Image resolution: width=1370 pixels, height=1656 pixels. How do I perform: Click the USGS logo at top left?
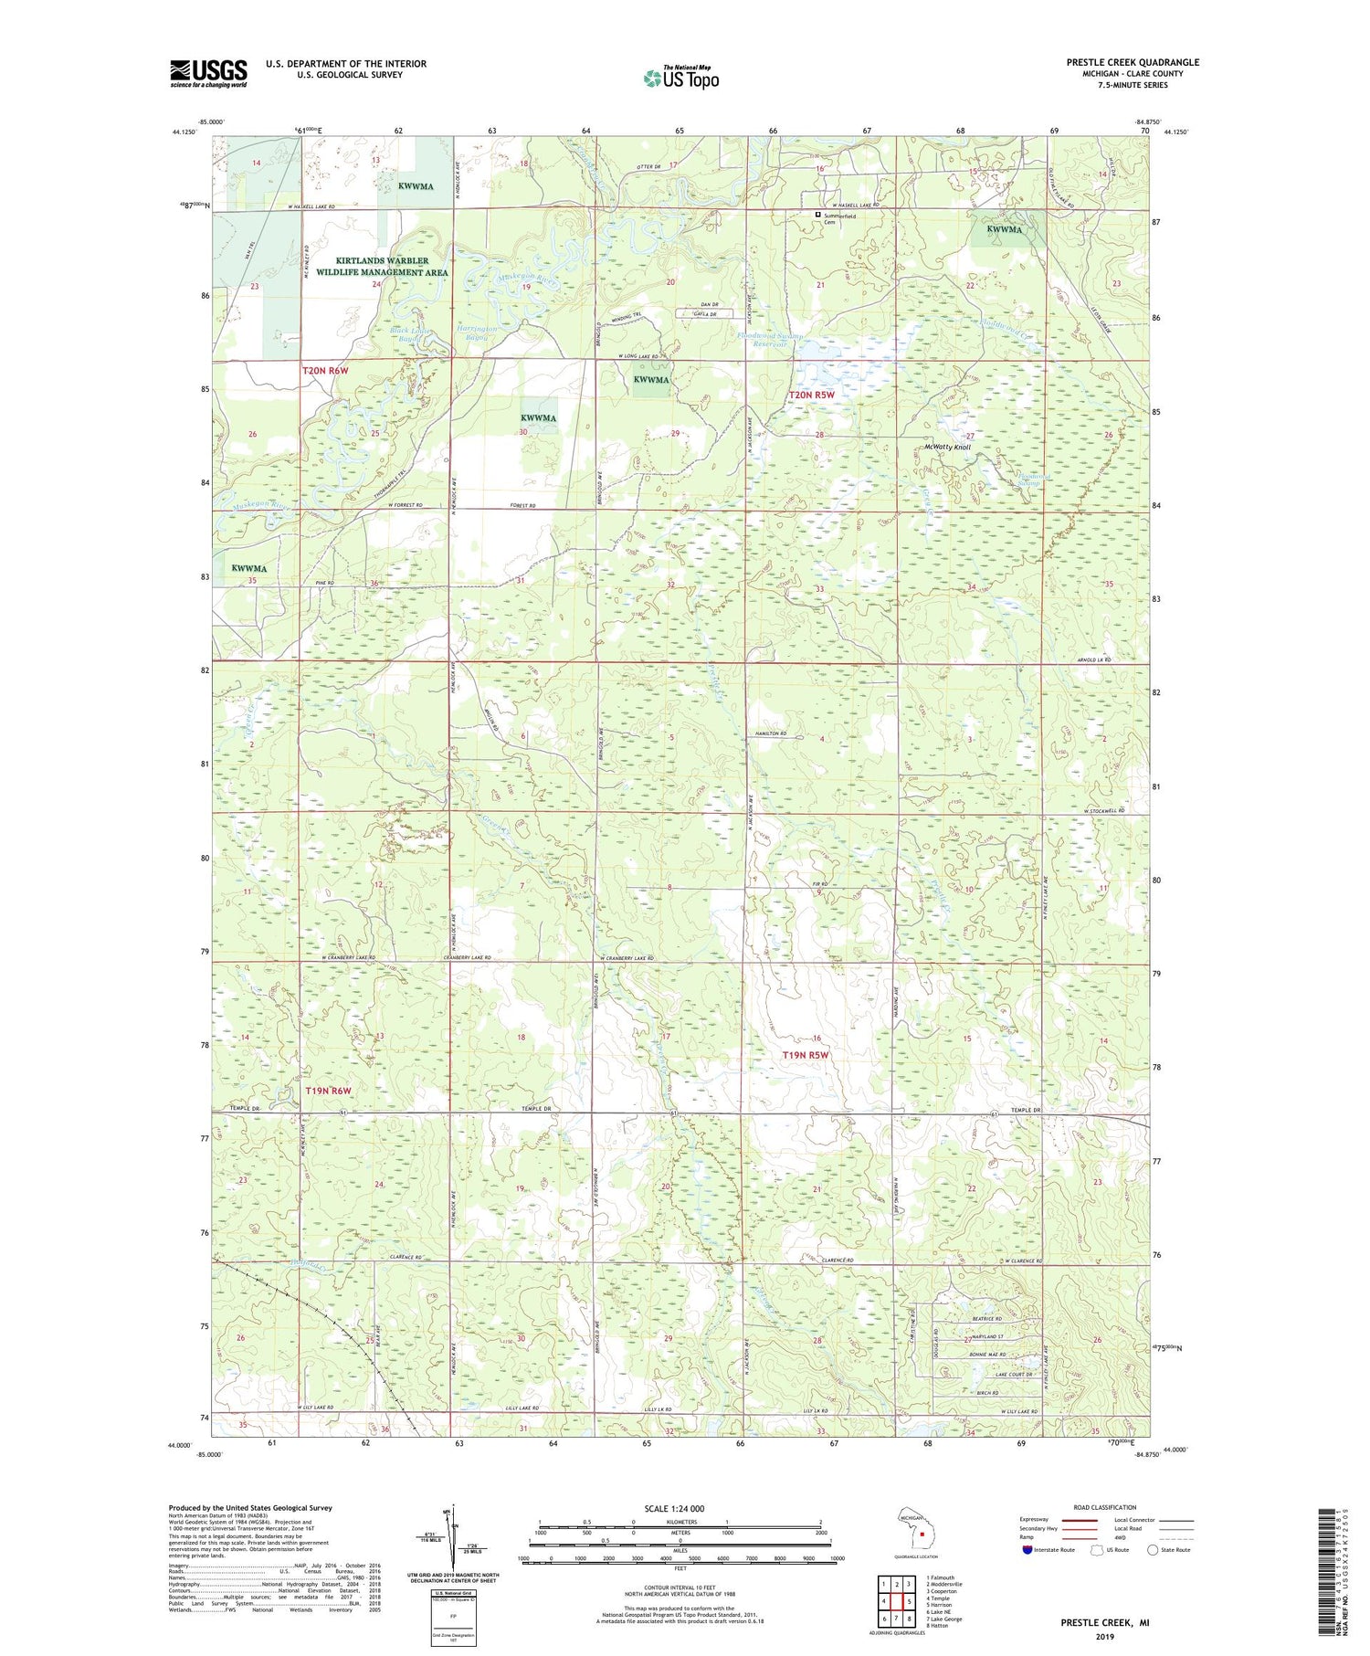pyautogui.click(x=208, y=73)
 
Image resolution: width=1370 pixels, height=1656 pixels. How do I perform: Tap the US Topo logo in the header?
pyautogui.click(x=680, y=78)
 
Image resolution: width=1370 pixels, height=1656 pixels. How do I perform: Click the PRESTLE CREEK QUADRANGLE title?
pyautogui.click(x=1133, y=62)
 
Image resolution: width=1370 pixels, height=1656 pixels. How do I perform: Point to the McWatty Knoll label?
pyautogui.click(x=947, y=448)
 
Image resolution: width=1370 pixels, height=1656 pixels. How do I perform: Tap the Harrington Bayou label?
pyautogui.click(x=478, y=332)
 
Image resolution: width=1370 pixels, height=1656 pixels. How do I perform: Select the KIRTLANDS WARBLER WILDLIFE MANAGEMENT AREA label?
pyautogui.click(x=382, y=267)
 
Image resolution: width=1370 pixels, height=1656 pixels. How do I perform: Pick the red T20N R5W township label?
pyautogui.click(x=812, y=395)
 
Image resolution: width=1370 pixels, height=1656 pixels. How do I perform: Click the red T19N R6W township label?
pyautogui.click(x=328, y=1091)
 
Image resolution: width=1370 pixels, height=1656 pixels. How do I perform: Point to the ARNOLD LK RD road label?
pyautogui.click(x=1094, y=659)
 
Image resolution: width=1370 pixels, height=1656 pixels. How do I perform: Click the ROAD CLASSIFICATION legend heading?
pyautogui.click(x=1106, y=1507)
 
